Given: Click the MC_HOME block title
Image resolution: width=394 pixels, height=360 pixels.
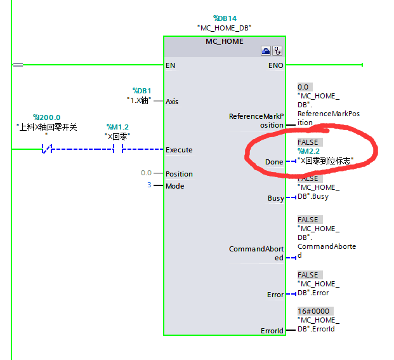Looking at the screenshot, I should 225,41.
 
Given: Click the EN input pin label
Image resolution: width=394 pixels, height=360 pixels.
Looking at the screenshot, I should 170,65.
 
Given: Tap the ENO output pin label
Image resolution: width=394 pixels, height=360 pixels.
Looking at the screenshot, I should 276,65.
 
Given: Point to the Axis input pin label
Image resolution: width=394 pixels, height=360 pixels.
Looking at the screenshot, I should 172,102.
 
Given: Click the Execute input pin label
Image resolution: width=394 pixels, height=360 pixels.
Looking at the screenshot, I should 179,150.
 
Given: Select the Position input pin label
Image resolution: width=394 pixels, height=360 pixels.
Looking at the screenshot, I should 179,174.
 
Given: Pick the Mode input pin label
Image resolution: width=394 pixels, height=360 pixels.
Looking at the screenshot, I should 174,186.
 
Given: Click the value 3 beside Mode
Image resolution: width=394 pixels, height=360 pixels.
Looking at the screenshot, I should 150,186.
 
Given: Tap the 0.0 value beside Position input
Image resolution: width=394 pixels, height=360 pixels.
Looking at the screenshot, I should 146,173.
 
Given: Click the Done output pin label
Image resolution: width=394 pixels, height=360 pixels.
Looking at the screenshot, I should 274,162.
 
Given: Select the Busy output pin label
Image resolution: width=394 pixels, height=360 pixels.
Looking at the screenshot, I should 275,198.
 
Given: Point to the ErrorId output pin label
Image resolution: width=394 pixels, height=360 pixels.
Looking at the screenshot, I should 272,331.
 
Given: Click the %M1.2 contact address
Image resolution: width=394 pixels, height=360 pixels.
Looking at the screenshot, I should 117,127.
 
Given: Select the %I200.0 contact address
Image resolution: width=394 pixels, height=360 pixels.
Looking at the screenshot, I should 47,117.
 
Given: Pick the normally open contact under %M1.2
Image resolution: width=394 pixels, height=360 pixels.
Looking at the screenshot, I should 117,150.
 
